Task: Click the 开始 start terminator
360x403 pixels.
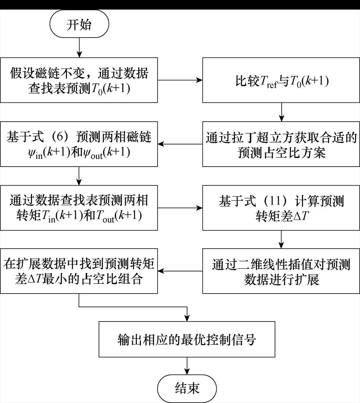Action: pos(79,25)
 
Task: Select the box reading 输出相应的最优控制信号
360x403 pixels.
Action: pos(187,339)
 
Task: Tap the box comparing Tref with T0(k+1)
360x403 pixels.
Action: pos(282,80)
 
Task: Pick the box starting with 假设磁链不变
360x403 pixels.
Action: pos(79,80)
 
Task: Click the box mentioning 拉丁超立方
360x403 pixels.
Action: pos(282,144)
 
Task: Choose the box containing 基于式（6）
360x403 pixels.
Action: pos(79,144)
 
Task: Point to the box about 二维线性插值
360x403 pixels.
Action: pos(282,271)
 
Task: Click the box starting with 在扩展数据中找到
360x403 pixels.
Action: pos(79,271)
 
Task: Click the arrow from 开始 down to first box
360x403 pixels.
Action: pos(79,48)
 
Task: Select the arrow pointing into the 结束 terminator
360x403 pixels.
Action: pos(188,366)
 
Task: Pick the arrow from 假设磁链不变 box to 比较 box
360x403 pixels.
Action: pos(180,80)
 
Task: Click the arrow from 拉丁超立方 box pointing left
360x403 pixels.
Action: pos(180,144)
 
